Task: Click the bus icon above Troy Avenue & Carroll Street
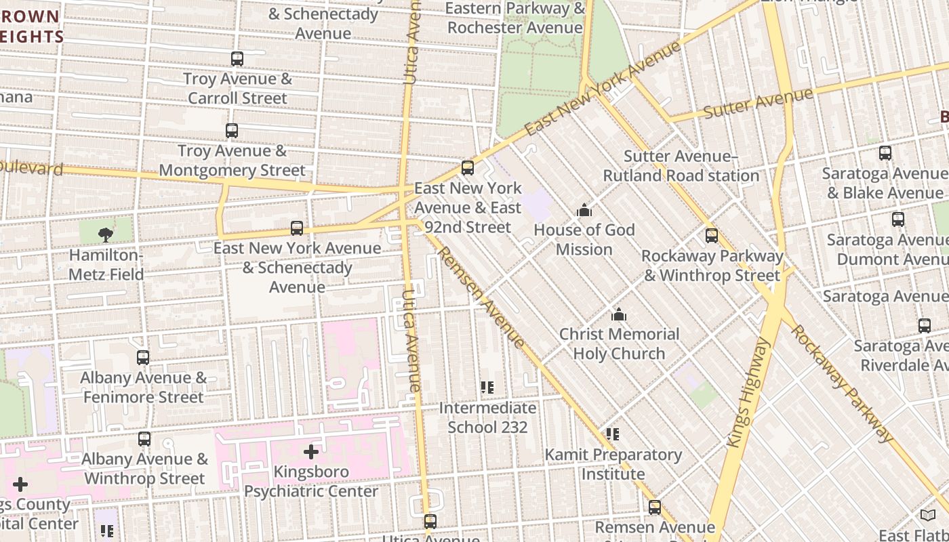coord(237,59)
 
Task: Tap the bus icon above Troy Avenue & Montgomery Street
coord(232,131)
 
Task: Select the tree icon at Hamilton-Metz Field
coord(105,235)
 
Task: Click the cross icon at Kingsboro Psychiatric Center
coord(311,451)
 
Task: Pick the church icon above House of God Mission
coord(584,211)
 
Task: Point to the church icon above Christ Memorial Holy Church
coord(618,315)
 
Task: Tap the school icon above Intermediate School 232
coord(487,388)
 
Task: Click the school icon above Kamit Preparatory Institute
coord(613,434)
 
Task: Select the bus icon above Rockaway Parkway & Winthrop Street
coord(712,236)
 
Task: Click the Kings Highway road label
coord(748,393)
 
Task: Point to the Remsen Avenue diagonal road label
coord(481,297)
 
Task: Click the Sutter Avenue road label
coord(757,103)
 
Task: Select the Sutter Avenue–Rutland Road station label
coord(681,166)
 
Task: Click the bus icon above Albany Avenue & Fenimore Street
coord(143,358)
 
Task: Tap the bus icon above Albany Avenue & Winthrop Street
coord(144,439)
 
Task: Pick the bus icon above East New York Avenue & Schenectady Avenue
coord(297,228)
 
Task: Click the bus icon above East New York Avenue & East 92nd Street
coord(468,168)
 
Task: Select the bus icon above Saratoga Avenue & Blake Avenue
coord(885,153)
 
